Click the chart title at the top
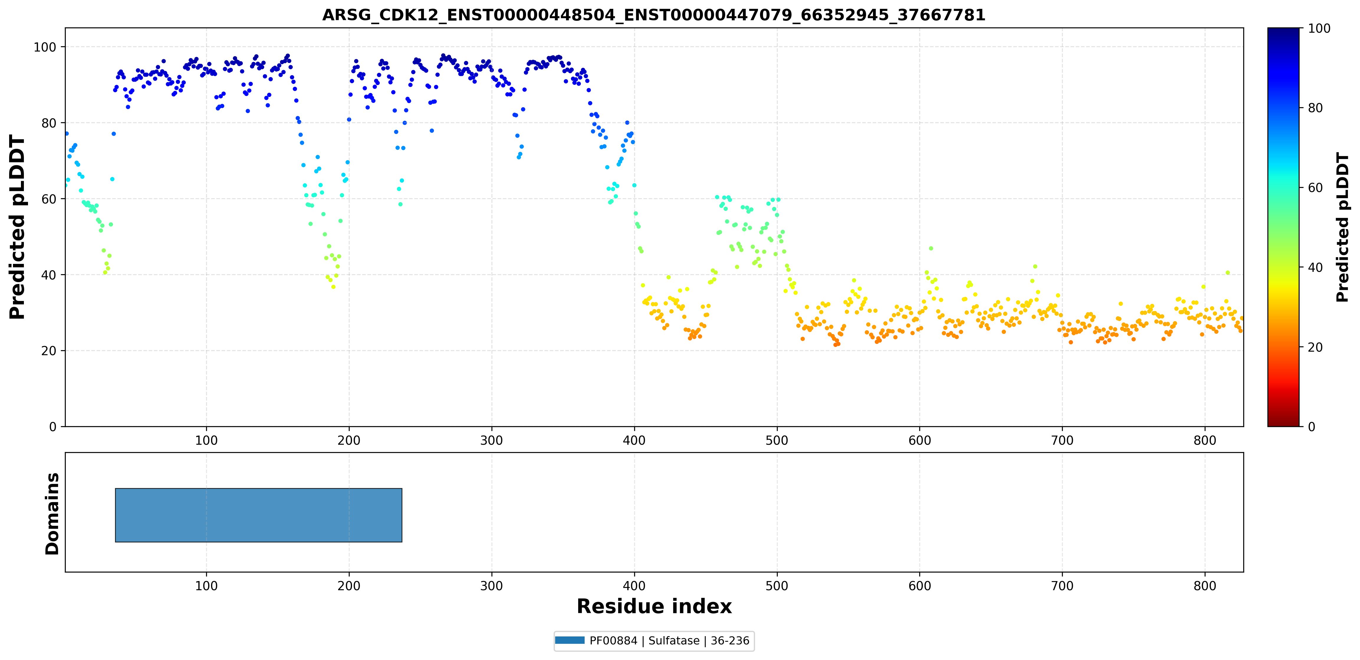[654, 15]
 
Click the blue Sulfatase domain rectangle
[259, 515]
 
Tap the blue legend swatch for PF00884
[570, 641]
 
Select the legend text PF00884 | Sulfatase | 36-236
[669, 641]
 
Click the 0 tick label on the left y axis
[53, 427]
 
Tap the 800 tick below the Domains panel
[1205, 585]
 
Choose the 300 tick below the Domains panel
[491, 585]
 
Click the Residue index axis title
[654, 606]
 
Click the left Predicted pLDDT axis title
[17, 227]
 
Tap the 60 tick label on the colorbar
[1315, 188]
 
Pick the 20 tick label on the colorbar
[1315, 347]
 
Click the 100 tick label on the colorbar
[1319, 29]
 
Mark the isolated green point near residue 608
[931, 249]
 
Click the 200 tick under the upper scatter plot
[349, 440]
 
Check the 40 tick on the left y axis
[49, 275]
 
